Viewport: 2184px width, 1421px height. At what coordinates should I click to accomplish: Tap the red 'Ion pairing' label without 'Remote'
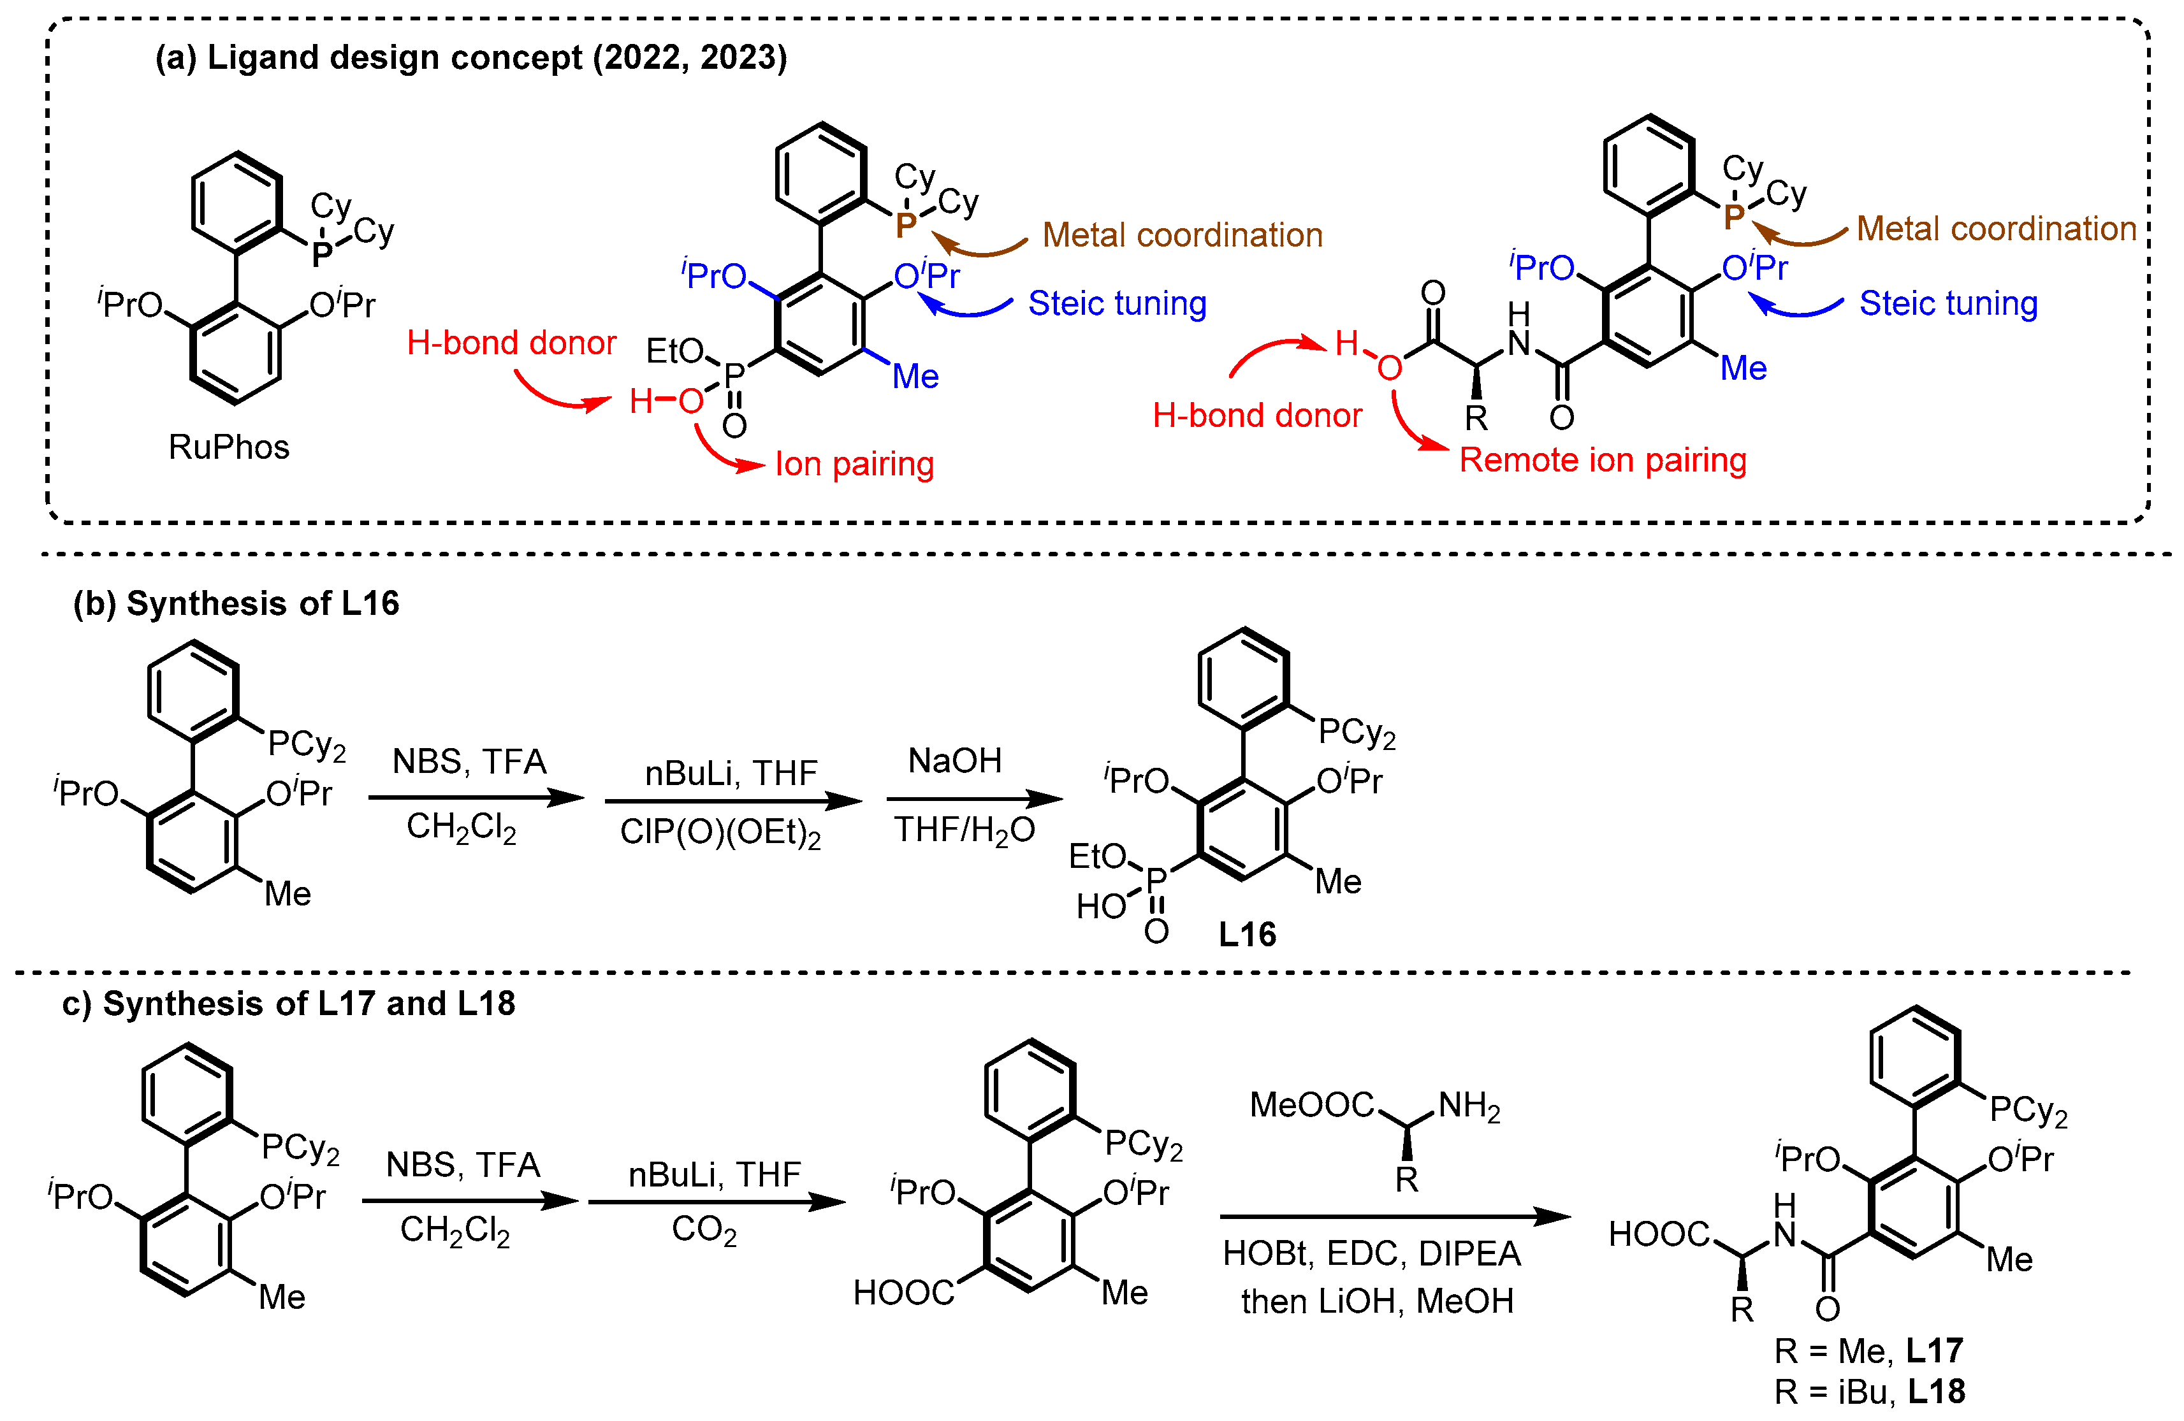point(854,464)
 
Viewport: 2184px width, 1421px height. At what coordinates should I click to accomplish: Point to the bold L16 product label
point(1246,934)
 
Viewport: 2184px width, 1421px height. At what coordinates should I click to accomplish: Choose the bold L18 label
point(1936,1392)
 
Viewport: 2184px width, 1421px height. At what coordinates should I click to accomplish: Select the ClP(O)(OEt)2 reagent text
point(720,833)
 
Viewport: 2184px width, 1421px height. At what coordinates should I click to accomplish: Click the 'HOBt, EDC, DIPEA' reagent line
point(1372,1253)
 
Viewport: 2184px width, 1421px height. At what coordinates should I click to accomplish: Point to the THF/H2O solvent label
point(965,830)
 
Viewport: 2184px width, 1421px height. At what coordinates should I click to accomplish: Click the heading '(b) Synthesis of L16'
point(237,603)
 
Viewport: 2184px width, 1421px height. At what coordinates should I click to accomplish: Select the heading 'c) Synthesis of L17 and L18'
point(289,1004)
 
